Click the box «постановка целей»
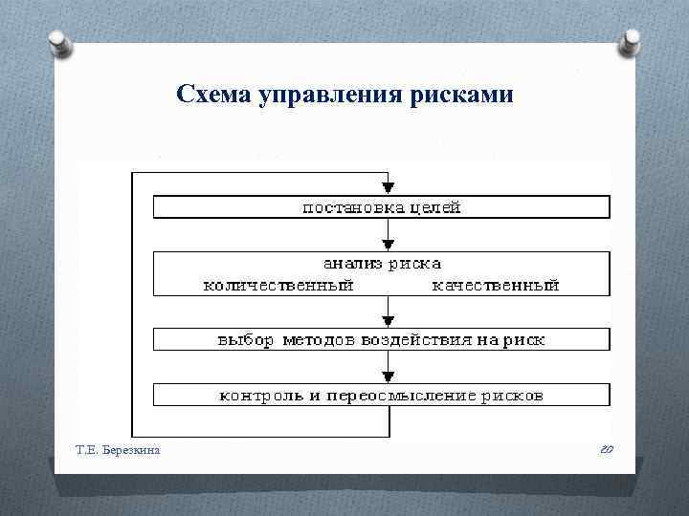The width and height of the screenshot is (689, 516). [x=381, y=207]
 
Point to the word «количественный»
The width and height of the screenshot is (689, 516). [x=278, y=285]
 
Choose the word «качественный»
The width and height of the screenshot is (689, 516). [x=496, y=285]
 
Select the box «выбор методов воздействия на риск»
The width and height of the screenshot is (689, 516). [x=381, y=339]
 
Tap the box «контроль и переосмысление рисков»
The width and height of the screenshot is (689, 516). [x=381, y=394]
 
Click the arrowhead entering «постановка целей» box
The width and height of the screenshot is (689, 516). [x=387, y=189]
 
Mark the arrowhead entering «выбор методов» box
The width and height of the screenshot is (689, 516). [x=387, y=322]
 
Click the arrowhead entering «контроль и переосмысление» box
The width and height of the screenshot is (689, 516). [x=387, y=376]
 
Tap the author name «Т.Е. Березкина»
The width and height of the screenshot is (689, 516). [x=119, y=449]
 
